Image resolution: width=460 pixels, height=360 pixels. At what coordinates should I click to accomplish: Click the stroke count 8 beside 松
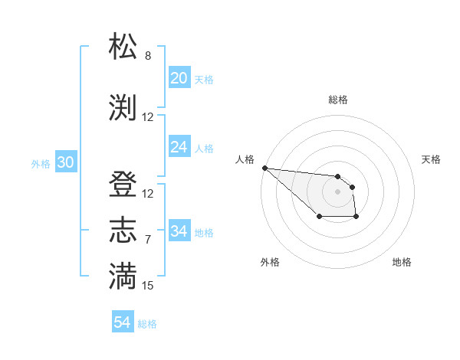148,56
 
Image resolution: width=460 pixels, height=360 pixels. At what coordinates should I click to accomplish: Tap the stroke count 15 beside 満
148,286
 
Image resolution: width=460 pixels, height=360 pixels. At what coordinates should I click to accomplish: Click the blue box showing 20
179,78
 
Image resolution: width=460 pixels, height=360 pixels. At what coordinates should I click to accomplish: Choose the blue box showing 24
179,147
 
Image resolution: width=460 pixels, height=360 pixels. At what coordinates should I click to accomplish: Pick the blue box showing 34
179,231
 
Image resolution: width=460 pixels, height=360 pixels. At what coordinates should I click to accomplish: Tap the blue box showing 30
65,162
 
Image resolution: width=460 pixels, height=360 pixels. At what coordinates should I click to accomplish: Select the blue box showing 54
122,322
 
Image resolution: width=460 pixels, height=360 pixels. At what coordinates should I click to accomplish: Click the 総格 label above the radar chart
338,100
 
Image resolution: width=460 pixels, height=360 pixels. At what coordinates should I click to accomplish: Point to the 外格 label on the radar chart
270,262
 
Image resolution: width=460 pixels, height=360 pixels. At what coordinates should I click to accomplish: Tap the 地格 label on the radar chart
402,262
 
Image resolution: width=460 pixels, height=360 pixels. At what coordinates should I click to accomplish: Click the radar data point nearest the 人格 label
264,168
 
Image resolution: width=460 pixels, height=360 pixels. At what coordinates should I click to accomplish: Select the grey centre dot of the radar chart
338,191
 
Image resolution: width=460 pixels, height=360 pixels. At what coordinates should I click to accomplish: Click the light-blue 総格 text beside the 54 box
147,324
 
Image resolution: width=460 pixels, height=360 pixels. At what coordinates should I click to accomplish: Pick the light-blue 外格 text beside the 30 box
41,163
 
